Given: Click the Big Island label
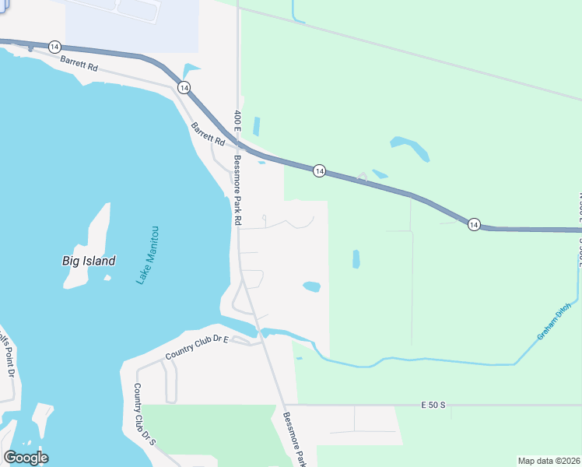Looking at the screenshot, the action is coord(89,261).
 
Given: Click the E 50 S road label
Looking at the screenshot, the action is coord(433,406).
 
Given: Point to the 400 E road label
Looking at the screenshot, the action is coord(237,121).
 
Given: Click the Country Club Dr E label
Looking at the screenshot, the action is coord(197,349).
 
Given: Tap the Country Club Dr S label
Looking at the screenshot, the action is coord(145,414).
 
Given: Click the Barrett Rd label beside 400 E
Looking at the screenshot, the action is coord(208,135).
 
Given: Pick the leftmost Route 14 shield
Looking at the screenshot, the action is coord(54,47).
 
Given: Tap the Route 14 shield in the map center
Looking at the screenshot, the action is coord(319,170).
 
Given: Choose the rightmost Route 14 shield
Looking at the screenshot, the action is coord(474,225).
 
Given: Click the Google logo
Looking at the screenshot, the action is coord(26,458).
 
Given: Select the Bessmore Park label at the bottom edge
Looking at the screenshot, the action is coord(295,440).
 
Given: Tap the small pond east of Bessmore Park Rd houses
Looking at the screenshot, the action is coord(311,286).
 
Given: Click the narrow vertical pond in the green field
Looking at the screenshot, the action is coord(356,259).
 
